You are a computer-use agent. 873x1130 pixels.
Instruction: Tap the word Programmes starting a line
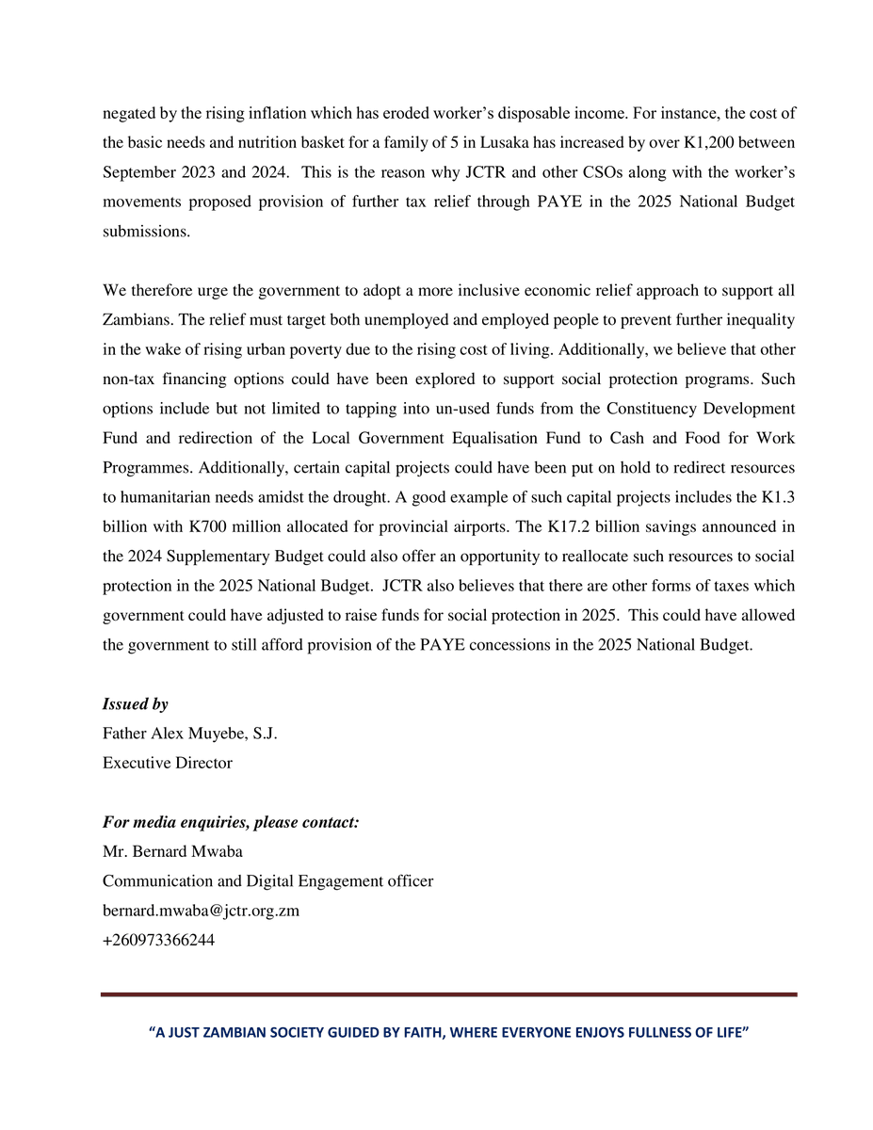(x=144, y=468)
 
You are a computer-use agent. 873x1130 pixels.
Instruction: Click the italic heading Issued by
(x=135, y=704)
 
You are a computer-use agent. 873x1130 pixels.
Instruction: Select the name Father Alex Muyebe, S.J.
(x=189, y=734)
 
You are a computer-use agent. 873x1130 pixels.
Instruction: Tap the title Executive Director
(x=167, y=763)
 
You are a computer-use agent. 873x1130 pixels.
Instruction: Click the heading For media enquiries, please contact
(x=231, y=822)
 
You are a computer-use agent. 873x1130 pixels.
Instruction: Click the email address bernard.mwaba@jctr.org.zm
(x=201, y=911)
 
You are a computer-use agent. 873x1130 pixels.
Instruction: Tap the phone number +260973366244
(x=158, y=940)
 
